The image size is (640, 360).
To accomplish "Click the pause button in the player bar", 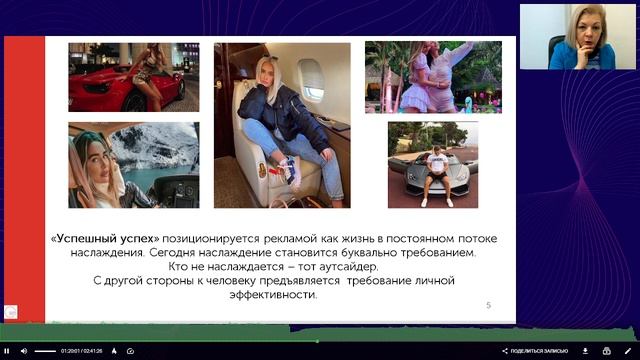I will [x=9, y=351].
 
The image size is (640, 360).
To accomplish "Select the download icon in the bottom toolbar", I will [x=585, y=351].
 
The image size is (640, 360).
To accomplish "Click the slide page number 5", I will [x=488, y=304].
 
